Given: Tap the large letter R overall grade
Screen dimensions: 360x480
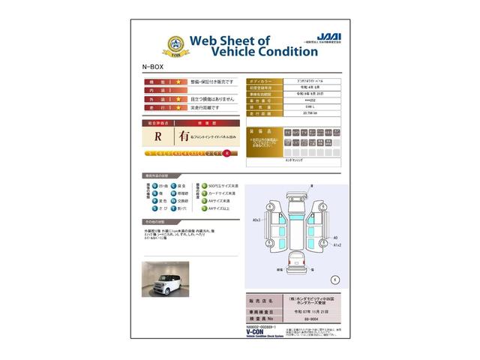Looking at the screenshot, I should pyautogui.click(x=157, y=136).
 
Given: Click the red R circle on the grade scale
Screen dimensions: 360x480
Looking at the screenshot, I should pyautogui.click(x=226, y=154).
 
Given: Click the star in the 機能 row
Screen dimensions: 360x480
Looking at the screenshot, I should pyautogui.click(x=178, y=80).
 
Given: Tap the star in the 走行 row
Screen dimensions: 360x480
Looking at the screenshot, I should pyautogui.click(x=178, y=107).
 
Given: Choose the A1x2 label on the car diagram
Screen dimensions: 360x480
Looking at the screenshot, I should pyautogui.click(x=337, y=244).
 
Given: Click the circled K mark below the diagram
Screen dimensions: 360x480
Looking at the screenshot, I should pyautogui.click(x=334, y=278).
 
